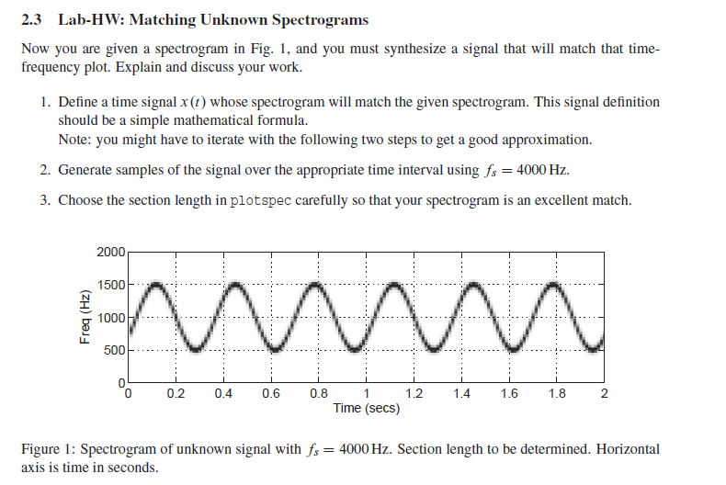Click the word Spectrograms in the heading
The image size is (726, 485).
(x=317, y=19)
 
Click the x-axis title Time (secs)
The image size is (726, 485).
(x=366, y=408)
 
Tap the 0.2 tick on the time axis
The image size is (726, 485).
(x=176, y=394)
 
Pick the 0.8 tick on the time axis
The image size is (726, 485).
(x=318, y=394)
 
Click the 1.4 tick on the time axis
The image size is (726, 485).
(x=461, y=394)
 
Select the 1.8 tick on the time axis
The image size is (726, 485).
(x=556, y=394)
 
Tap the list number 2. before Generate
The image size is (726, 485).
(x=45, y=170)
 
